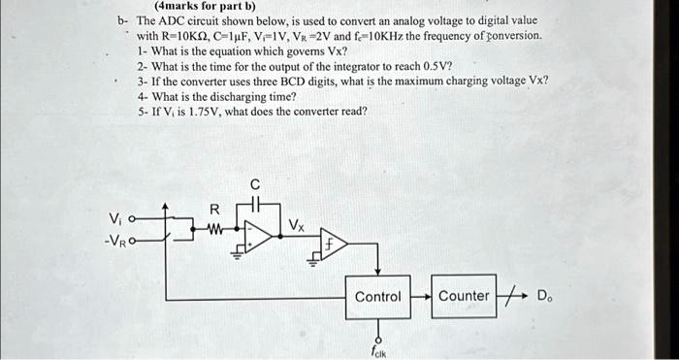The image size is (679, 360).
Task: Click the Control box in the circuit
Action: [x=377, y=297]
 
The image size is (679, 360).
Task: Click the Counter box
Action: [x=464, y=296]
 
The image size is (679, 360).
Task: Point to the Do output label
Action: [x=545, y=296]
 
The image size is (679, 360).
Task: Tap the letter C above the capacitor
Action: [x=255, y=183]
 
